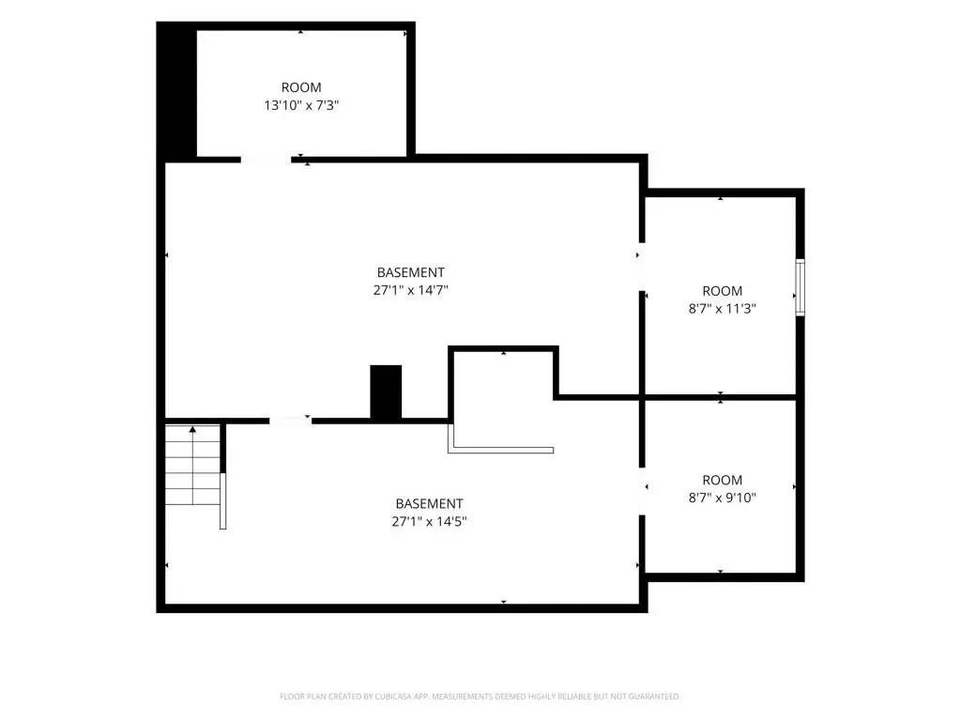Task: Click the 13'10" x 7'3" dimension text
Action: [301, 105]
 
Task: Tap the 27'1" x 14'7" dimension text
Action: [411, 290]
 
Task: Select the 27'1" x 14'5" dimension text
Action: [429, 522]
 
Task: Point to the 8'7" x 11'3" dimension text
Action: [722, 308]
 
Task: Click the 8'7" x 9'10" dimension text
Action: [722, 498]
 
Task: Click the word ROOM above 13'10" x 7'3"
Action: [301, 87]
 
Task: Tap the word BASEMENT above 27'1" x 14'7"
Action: [411, 272]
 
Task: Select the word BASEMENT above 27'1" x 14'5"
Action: [429, 504]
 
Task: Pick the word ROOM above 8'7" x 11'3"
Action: [722, 291]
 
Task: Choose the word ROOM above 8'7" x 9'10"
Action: [722, 480]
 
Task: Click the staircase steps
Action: [192, 464]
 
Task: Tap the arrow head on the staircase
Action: [192, 429]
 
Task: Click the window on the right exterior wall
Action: [800, 287]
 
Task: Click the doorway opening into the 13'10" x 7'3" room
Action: [266, 160]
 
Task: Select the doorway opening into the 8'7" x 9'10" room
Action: [642, 491]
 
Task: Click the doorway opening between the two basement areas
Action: [291, 421]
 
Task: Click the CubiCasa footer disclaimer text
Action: [480, 697]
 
